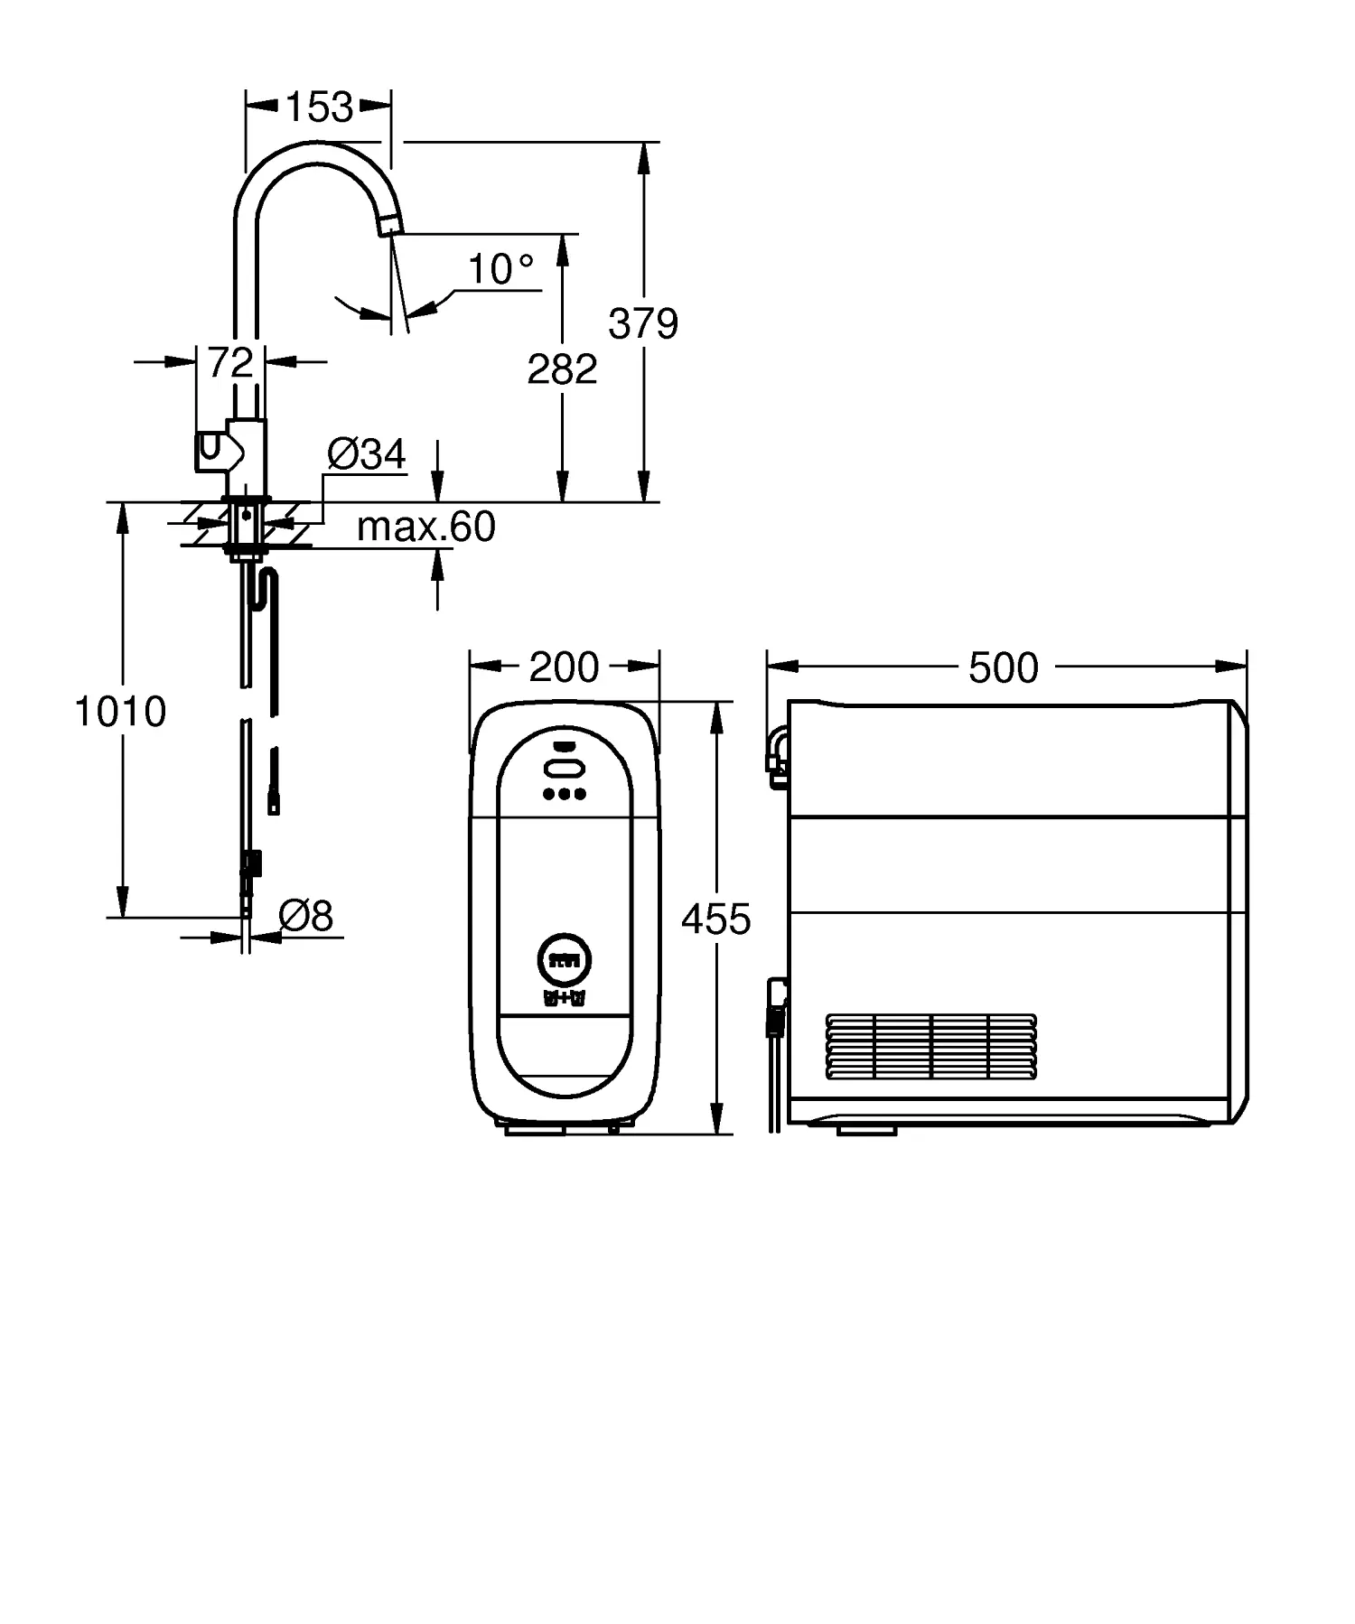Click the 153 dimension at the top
319,107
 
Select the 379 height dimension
642,323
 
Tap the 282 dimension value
562,369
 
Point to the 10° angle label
500,269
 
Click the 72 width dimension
230,363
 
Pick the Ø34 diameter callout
367,454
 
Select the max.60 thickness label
425,527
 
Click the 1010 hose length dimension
120,712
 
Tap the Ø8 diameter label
306,916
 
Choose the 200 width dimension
564,667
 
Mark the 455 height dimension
715,919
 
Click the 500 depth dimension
1003,668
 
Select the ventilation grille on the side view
931,1046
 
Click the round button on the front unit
564,958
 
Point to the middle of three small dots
564,794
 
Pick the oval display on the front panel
564,769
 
